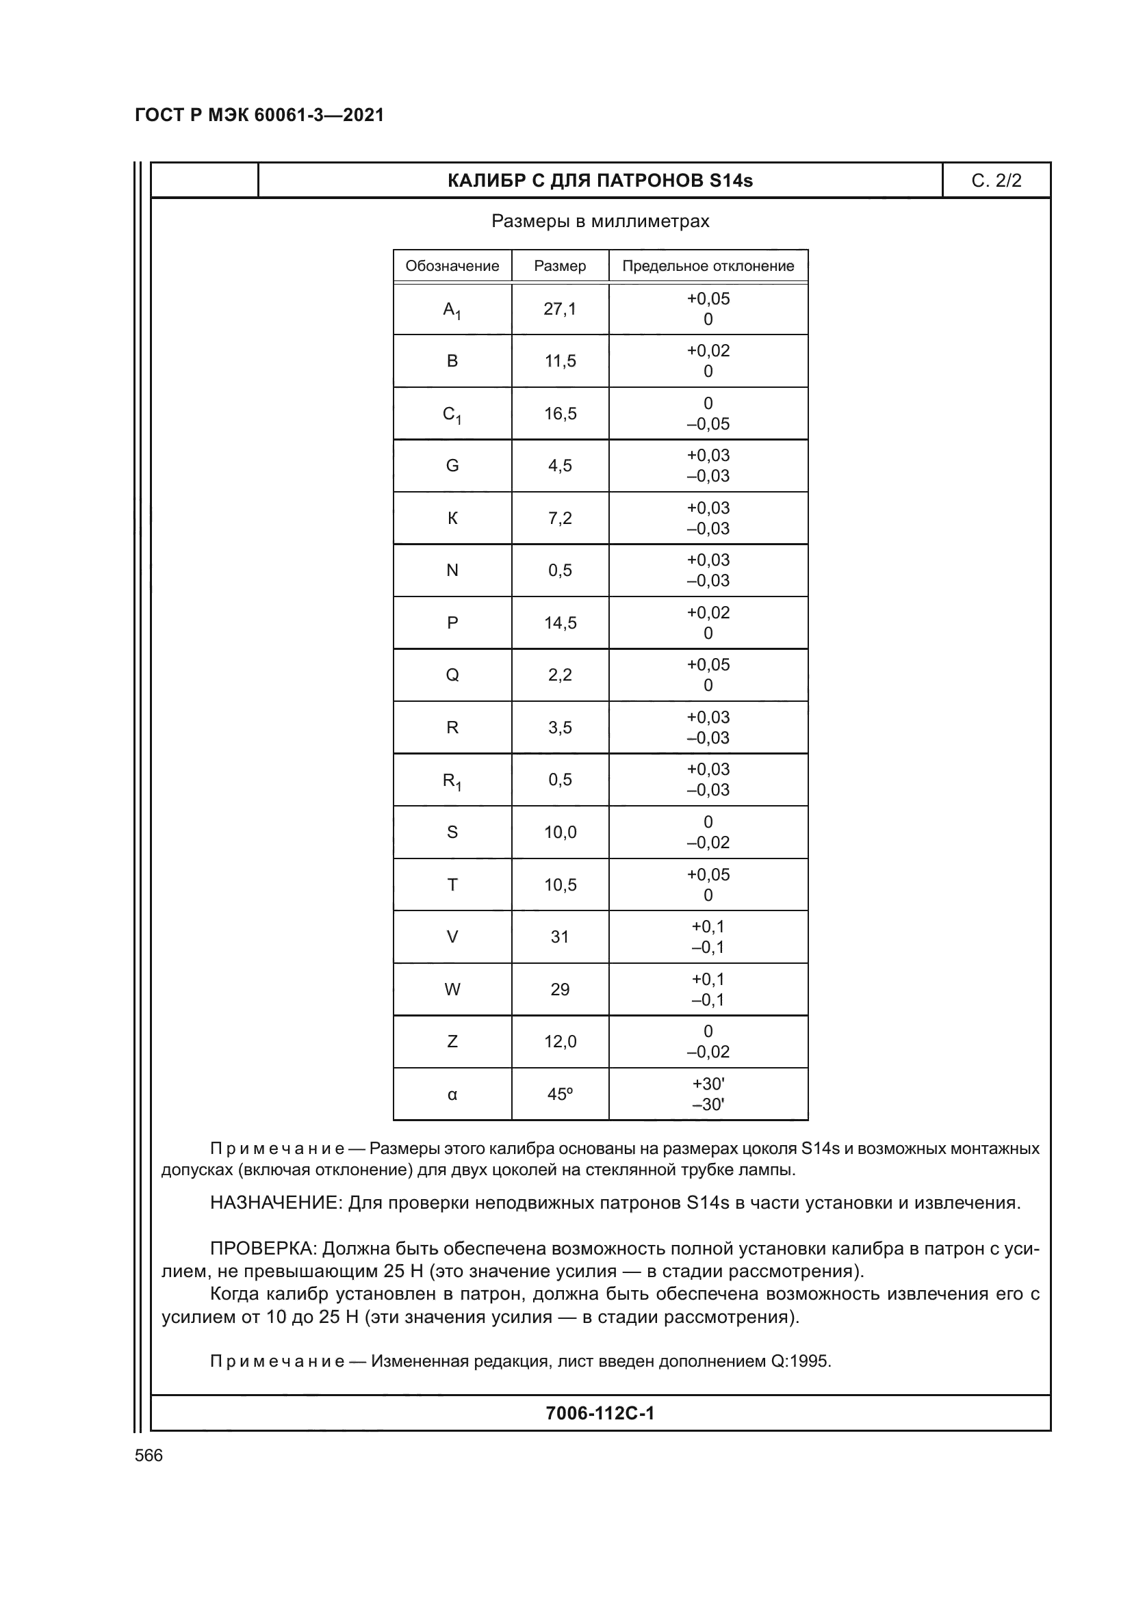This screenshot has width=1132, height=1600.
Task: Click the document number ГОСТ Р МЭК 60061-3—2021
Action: point(259,115)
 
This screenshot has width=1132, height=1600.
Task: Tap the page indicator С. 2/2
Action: point(996,181)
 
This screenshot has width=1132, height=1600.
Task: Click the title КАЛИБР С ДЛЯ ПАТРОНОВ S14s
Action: point(600,181)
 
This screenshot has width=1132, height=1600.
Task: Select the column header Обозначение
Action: point(452,265)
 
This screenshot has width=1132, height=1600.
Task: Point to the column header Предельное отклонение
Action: point(708,265)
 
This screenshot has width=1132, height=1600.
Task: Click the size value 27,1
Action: point(560,309)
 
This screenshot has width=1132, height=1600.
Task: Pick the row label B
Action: point(452,361)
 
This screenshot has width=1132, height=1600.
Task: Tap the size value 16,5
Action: point(560,413)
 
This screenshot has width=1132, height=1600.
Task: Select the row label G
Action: point(452,466)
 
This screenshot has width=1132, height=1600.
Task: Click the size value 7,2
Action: point(560,518)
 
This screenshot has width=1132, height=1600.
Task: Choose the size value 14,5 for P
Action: point(560,623)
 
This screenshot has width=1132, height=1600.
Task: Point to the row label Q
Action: point(452,674)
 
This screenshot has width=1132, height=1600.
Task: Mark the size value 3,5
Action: point(560,728)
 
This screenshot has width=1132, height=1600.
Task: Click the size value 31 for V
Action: point(560,936)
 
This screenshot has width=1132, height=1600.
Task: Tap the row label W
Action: point(452,989)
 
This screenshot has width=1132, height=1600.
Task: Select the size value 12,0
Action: point(560,1041)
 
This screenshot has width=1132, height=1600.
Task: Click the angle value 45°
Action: point(560,1094)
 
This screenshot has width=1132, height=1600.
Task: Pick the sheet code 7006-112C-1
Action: point(600,1413)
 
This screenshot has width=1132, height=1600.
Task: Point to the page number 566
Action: point(149,1455)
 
